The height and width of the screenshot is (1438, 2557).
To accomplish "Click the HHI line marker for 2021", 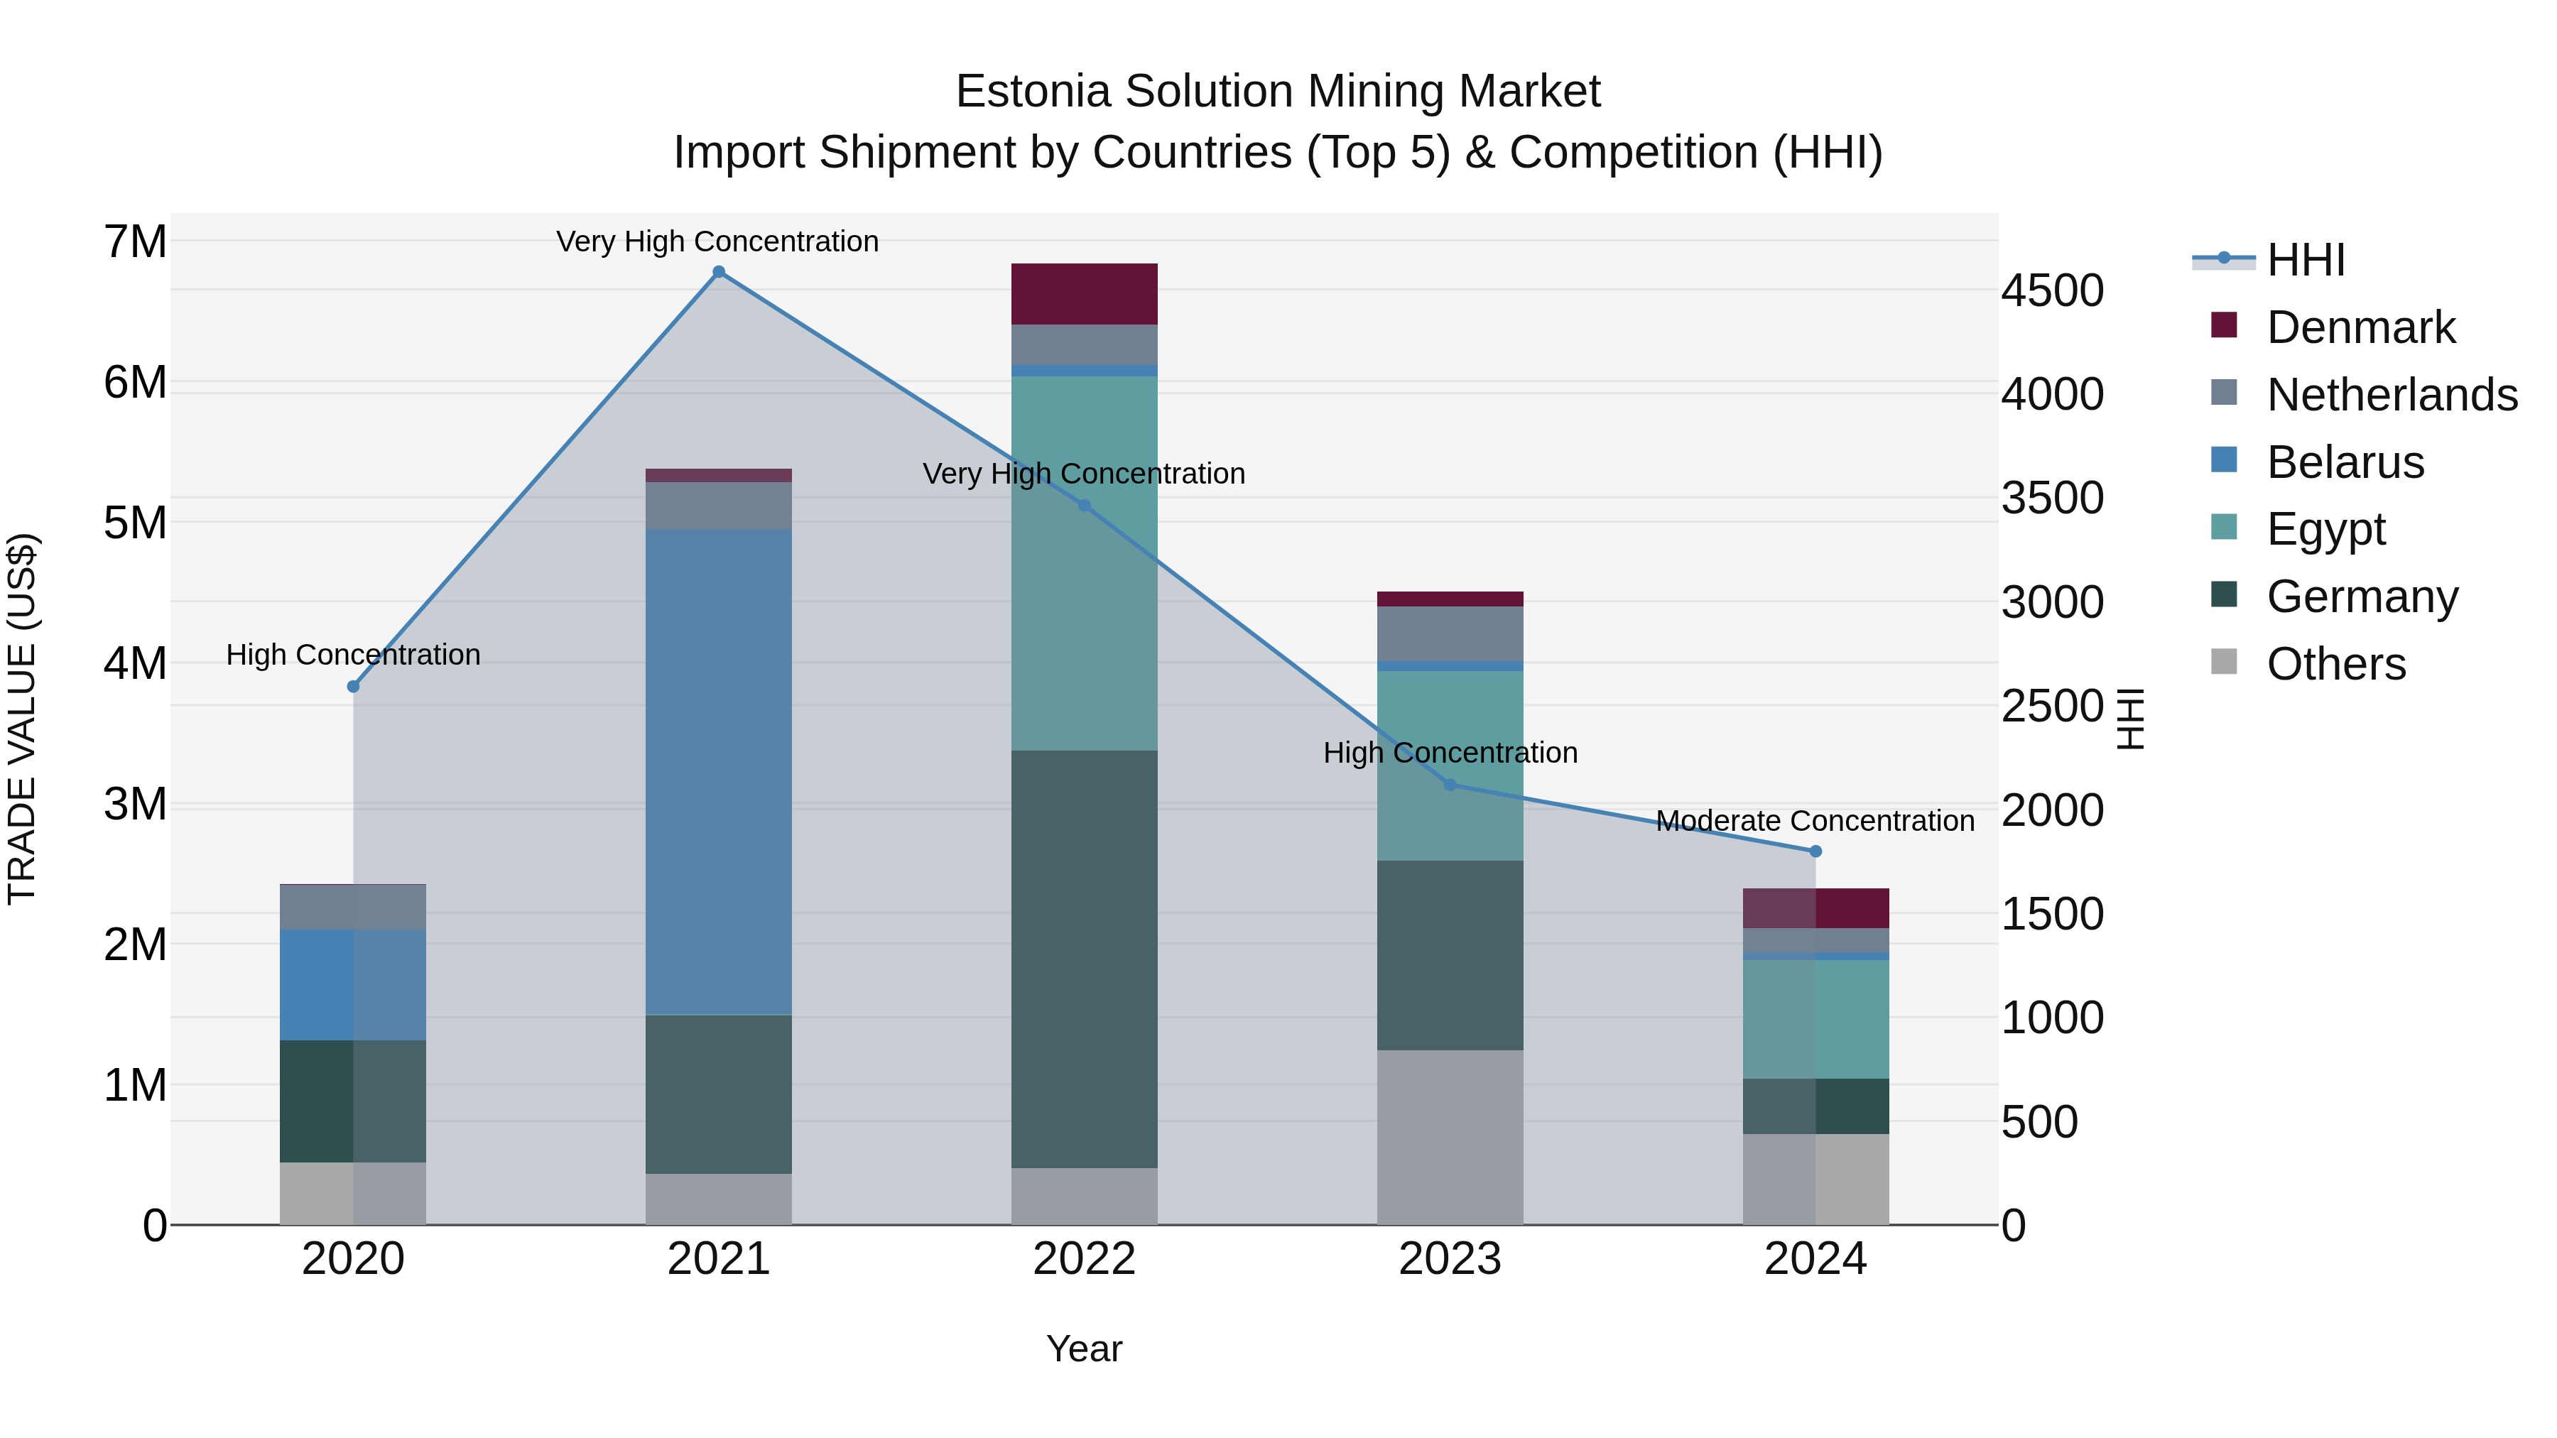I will (719, 272).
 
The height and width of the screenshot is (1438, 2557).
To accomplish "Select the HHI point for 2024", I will (1815, 851).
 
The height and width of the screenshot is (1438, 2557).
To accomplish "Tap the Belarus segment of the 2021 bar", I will (719, 771).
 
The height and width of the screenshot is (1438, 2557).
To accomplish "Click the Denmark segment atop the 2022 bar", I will (1084, 294).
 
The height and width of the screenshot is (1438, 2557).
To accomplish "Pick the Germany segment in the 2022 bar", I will (1084, 959).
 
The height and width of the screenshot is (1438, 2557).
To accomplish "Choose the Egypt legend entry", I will (2325, 529).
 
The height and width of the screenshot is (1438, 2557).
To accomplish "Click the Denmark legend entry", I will (2360, 327).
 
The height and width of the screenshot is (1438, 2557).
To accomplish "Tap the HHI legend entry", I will (2306, 260).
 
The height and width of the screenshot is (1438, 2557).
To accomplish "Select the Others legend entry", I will (2335, 664).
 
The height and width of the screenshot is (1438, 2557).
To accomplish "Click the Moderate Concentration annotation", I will (1815, 822).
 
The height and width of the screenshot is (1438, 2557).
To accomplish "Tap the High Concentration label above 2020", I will (354, 655).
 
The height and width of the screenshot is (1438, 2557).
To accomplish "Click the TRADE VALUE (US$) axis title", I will (22, 719).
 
